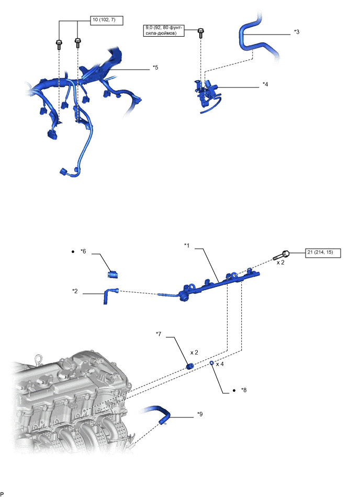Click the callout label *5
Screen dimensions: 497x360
click(155, 68)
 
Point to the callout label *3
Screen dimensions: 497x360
click(297, 32)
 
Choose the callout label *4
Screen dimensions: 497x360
click(265, 84)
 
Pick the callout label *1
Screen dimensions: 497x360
click(187, 245)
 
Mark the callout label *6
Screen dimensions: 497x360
click(83, 252)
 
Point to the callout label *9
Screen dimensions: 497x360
click(200, 414)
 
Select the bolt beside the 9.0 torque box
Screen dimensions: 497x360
click(200, 33)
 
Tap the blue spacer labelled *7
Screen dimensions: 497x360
click(190, 365)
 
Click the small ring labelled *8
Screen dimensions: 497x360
click(212, 363)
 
